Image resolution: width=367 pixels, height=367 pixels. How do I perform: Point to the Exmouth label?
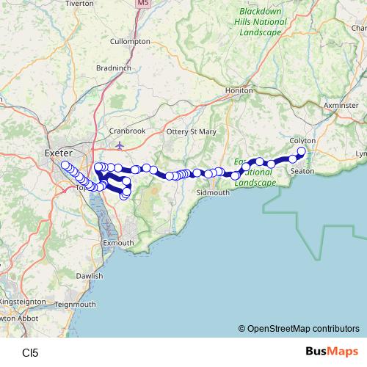[x=118, y=242]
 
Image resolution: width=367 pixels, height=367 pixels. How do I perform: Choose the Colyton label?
[x=302, y=140]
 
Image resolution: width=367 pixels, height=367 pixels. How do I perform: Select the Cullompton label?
[x=130, y=42]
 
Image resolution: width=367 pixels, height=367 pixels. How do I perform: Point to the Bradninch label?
[x=113, y=68]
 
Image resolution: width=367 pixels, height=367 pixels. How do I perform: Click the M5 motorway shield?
[x=142, y=4]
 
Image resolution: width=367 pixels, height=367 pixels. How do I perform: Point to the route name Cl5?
[x=30, y=352]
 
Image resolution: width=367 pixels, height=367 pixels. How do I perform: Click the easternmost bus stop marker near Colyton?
[x=301, y=151]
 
